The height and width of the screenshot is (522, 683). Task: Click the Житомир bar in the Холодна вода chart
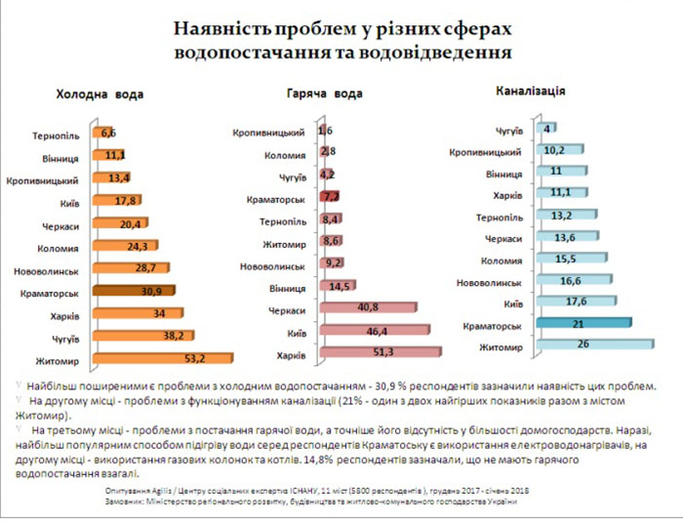(161, 357)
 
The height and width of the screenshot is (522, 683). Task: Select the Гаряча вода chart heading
(327, 95)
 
